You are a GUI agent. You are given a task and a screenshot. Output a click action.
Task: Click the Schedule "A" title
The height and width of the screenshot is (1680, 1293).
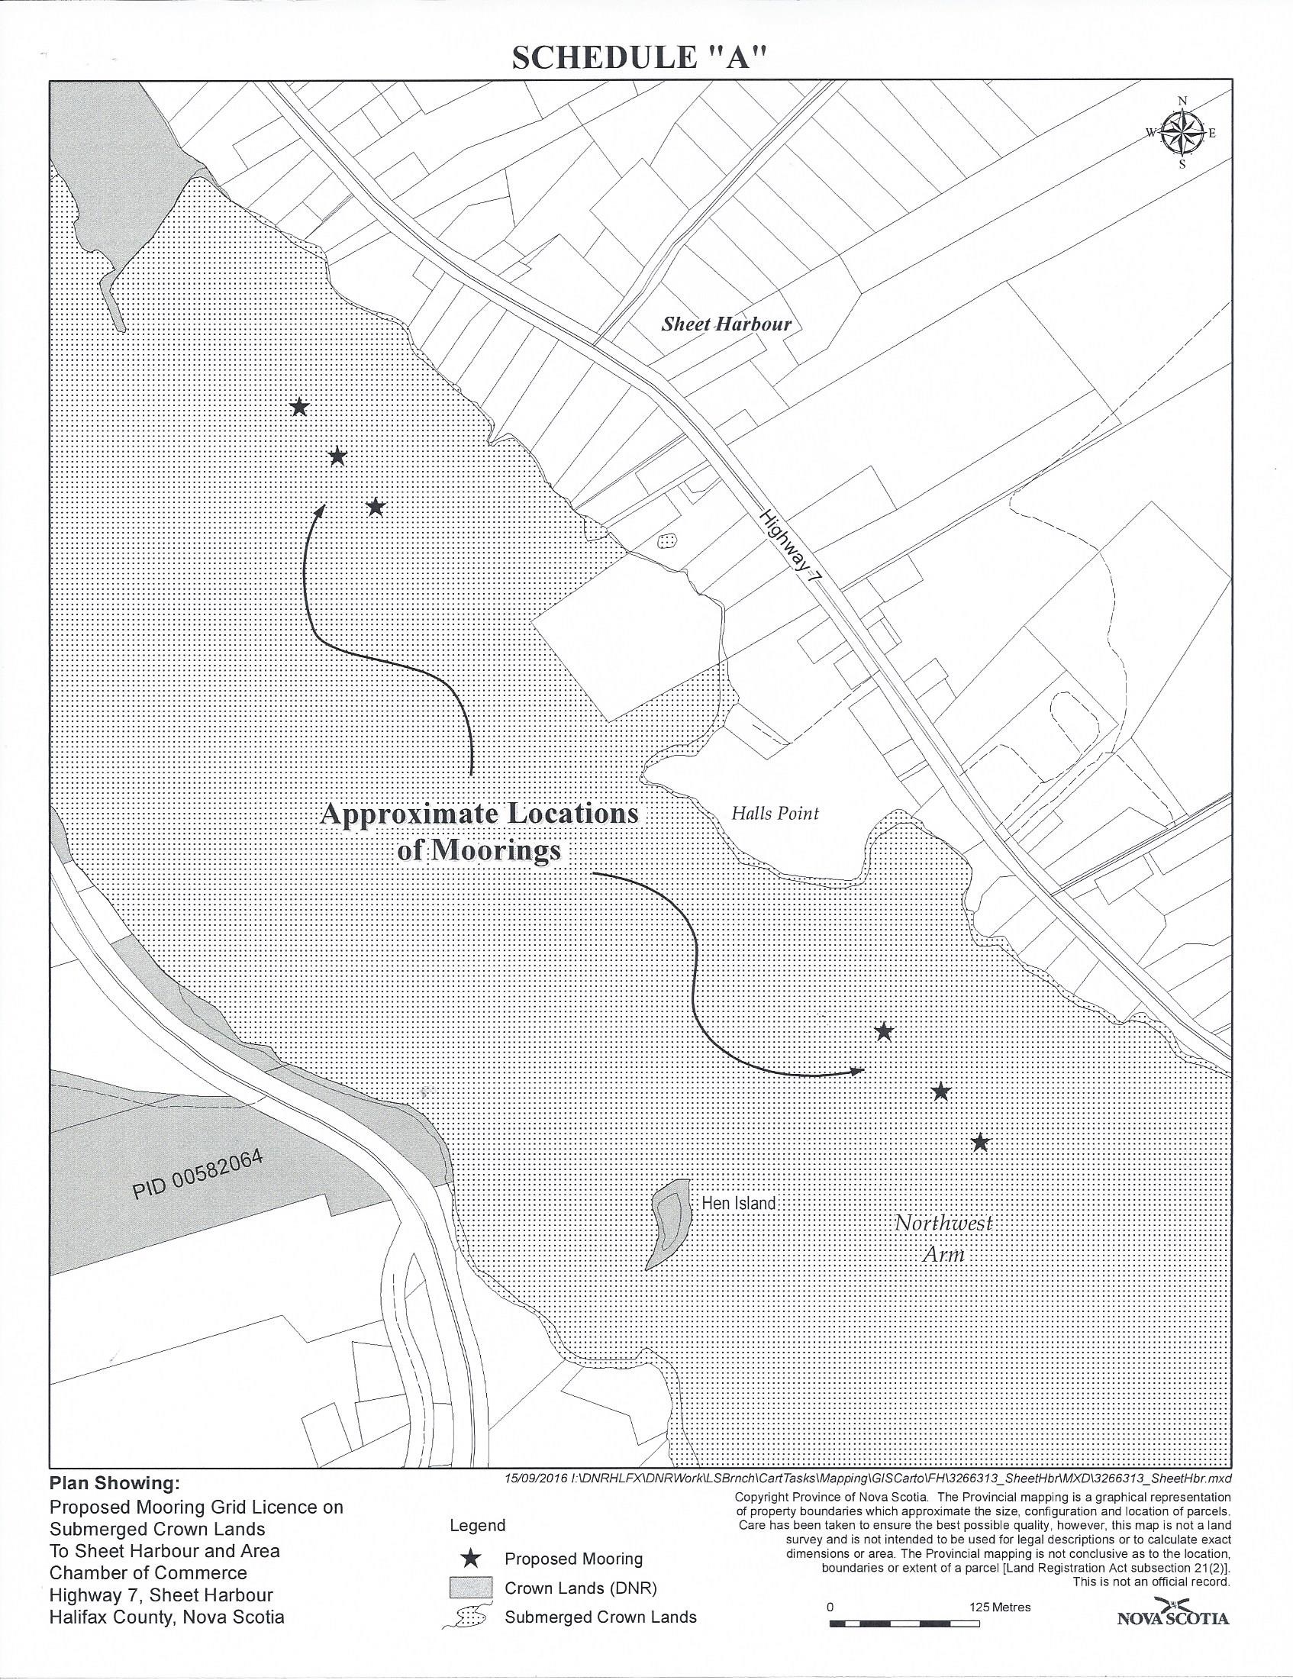[x=640, y=59]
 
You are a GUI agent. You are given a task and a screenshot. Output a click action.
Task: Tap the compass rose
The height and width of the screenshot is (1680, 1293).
[x=1182, y=132]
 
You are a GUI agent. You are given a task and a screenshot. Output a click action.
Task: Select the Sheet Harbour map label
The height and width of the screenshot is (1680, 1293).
[x=726, y=324]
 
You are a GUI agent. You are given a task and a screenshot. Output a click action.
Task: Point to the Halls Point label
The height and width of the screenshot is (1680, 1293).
[x=775, y=813]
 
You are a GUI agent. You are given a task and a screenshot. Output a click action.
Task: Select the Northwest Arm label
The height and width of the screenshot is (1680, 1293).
[x=943, y=1237]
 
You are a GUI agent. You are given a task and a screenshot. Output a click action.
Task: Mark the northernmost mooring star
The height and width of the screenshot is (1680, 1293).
[x=299, y=407]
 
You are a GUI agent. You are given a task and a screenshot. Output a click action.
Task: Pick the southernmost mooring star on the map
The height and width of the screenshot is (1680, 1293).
[x=979, y=1143]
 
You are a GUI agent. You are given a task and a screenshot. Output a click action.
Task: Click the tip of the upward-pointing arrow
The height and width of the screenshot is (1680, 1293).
[x=324, y=506]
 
